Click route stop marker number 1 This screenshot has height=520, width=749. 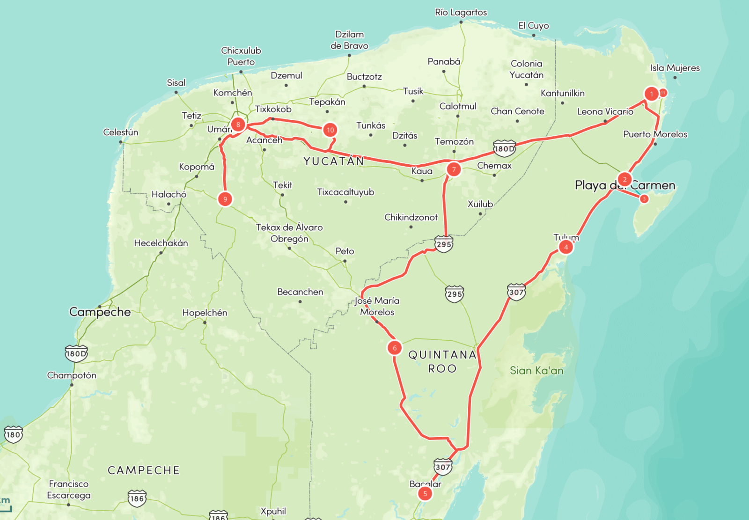tap(651, 94)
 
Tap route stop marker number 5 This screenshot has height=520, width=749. tap(425, 493)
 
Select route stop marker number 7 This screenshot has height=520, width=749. tap(454, 169)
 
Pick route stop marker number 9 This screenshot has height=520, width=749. tap(225, 199)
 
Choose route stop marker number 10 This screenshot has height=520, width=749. tap(330, 130)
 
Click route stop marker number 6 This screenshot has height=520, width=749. tap(395, 348)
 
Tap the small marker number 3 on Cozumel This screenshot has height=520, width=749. tap(644, 199)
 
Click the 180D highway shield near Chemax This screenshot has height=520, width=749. tap(504, 148)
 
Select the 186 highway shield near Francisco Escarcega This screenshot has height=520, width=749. tap(137, 498)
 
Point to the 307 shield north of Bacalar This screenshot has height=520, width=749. tap(443, 466)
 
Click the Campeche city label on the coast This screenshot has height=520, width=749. tap(100, 312)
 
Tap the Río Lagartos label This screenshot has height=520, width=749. tap(461, 13)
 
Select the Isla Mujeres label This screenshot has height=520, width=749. tap(675, 68)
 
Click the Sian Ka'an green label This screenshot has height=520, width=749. tap(536, 371)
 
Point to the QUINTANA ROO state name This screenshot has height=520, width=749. tap(442, 361)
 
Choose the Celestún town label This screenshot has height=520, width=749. tap(121, 132)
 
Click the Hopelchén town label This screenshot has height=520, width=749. tap(205, 313)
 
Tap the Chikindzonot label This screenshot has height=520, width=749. tap(411, 217)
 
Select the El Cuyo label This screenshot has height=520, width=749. tap(533, 26)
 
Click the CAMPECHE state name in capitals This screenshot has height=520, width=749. tap(144, 470)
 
